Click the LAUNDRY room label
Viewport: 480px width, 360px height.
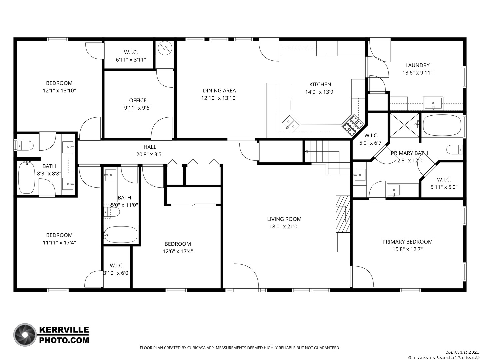click(417, 65)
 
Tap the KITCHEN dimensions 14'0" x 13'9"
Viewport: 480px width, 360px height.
click(320, 92)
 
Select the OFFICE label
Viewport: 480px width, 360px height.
click(138, 100)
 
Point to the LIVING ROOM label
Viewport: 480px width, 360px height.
click(284, 219)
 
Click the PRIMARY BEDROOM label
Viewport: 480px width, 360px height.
click(407, 242)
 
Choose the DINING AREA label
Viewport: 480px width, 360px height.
click(219, 90)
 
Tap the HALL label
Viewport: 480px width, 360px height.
click(150, 147)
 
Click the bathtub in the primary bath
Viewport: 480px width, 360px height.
click(442, 125)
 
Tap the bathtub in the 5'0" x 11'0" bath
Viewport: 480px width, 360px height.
click(120, 235)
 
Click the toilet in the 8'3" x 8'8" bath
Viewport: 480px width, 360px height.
click(25, 145)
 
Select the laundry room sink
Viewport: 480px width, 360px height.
click(433, 103)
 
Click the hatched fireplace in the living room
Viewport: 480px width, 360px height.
click(343, 214)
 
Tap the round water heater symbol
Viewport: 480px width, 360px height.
click(165, 48)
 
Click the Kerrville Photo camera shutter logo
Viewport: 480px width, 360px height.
click(25, 335)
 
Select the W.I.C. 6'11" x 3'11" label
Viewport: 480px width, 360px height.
click(131, 56)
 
